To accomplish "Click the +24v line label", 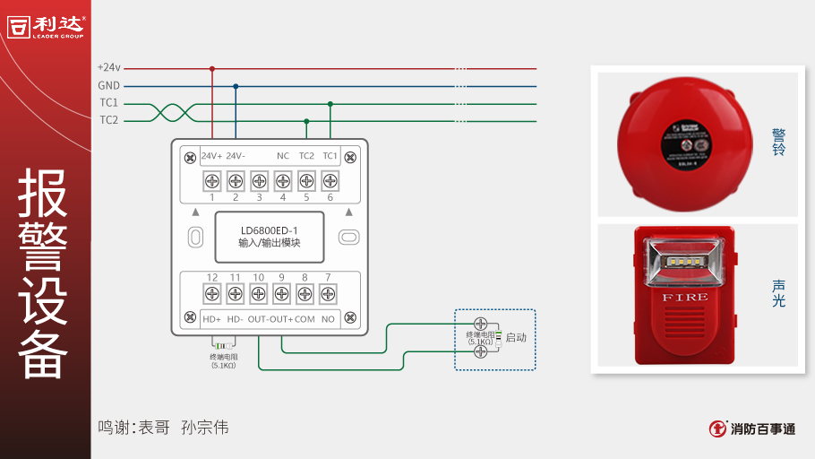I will coord(108,67).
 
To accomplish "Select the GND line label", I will coord(108,85).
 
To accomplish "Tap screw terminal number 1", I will coord(212,179).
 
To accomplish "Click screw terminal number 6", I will coord(330,179).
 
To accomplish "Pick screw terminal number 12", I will coord(212,293).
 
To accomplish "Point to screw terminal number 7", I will coord(328,293).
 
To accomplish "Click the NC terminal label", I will coord(282,156).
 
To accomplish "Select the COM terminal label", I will coord(305,318).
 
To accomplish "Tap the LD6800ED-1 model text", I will coord(270,229).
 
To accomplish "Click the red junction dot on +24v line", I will coord(212,68).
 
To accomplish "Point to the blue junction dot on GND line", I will coord(236,86).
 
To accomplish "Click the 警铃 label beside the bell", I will coord(778,143).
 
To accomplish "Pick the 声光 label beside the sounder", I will coord(778,293).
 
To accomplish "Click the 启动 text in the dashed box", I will coord(516,338).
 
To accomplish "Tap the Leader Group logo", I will coord(46,25).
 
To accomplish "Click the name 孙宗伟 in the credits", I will coord(204,428).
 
